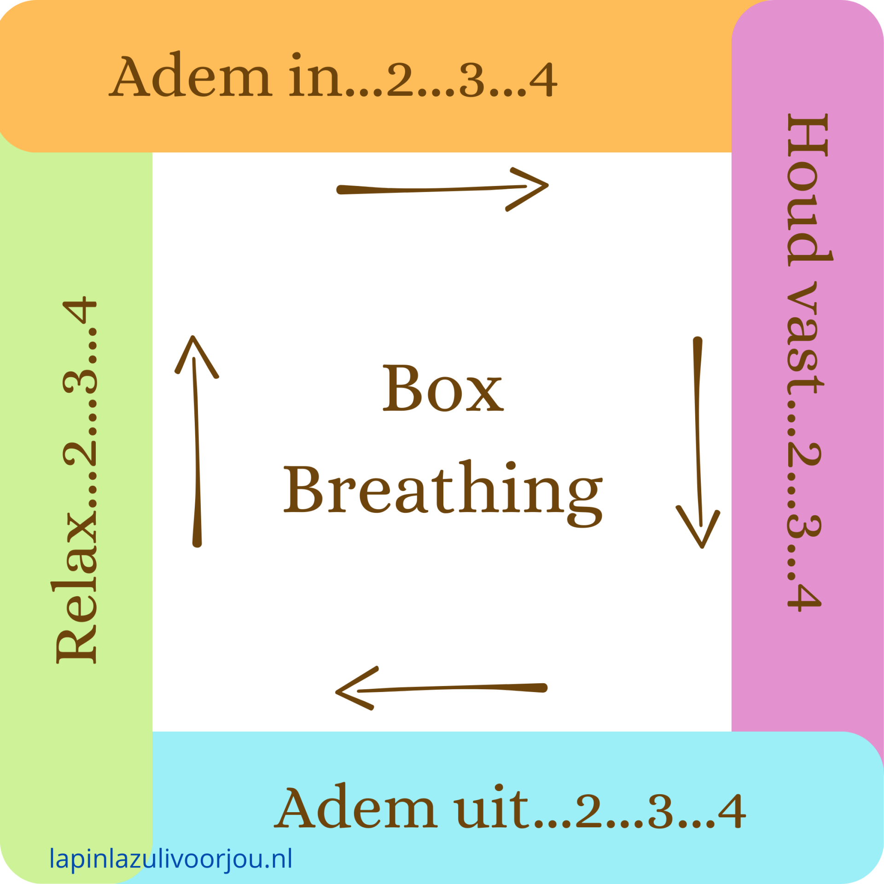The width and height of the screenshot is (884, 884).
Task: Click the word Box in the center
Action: pyautogui.click(x=443, y=389)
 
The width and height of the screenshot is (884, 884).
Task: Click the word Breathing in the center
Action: pyautogui.click(x=443, y=490)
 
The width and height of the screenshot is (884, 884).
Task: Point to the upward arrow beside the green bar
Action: pyautogui.click(x=197, y=441)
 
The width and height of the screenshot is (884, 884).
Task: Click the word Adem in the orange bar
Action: pyautogui.click(x=191, y=76)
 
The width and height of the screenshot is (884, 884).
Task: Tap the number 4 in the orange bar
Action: pyautogui.click(x=543, y=81)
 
